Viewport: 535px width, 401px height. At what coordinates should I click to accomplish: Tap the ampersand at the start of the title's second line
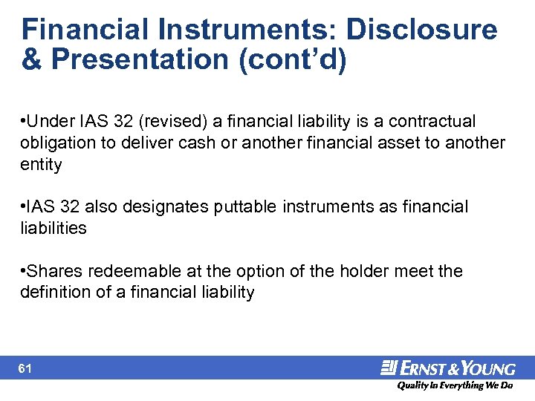[x=31, y=60]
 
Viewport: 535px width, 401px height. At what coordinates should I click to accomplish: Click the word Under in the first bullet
[x=53, y=121]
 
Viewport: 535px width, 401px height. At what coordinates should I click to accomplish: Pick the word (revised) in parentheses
[x=176, y=121]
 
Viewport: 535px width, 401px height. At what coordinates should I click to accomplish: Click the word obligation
[x=59, y=143]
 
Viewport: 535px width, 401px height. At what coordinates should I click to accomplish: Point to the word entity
[x=41, y=164]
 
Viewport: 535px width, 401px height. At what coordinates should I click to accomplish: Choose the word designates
[x=169, y=206]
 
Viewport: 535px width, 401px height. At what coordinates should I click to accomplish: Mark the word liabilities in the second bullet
[x=53, y=228]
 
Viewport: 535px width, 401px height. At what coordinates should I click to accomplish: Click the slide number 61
[x=26, y=368]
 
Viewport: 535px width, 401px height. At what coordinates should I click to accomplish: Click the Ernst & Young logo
[x=448, y=368]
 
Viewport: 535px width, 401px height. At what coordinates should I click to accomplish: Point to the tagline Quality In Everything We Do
[x=454, y=386]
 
